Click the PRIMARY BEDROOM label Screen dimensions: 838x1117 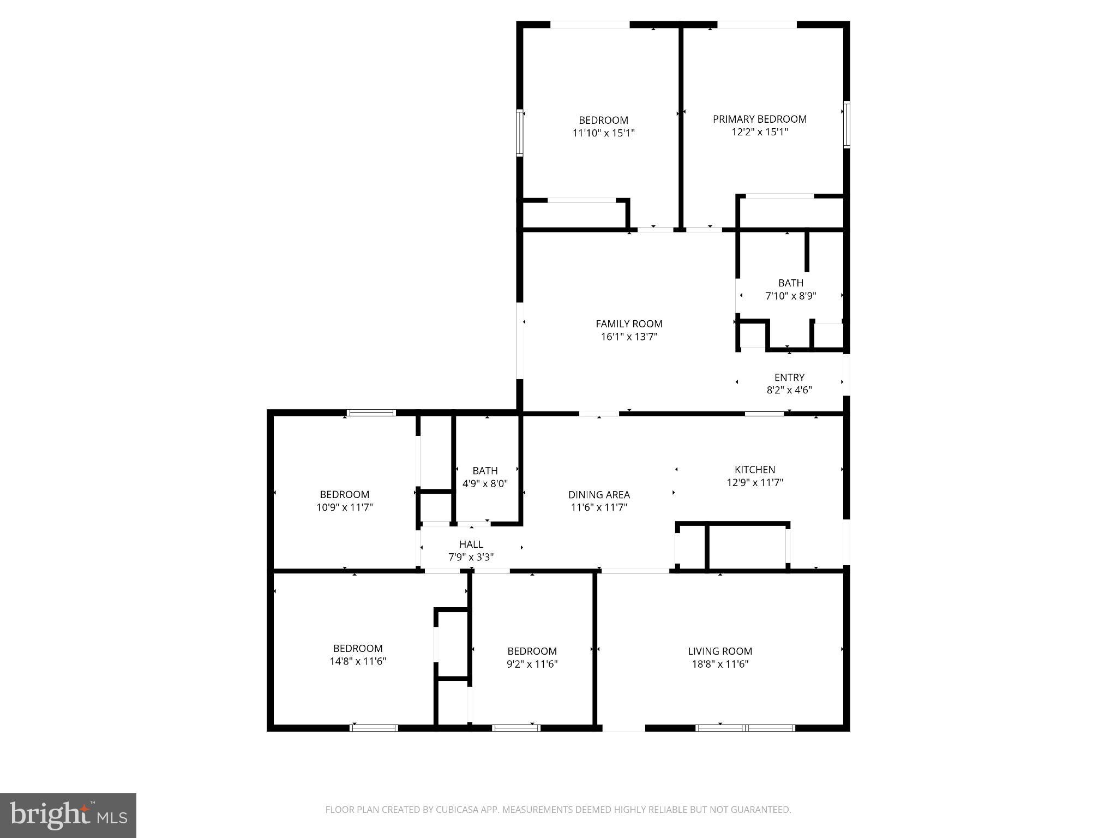(x=759, y=119)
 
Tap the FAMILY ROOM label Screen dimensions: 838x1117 (x=629, y=324)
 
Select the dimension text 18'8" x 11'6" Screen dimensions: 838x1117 (x=720, y=664)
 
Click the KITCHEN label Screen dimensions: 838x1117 (x=754, y=469)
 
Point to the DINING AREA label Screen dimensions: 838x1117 (x=599, y=494)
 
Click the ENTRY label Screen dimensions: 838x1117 (x=789, y=377)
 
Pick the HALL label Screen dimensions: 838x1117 (x=471, y=544)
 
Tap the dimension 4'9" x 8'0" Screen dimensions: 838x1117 (x=485, y=483)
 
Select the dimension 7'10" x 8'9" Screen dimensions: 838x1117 (x=790, y=296)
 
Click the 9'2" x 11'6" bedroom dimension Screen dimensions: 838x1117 (x=532, y=664)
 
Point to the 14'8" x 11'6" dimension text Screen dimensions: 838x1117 (x=358, y=661)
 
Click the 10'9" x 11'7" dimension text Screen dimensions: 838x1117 (x=345, y=507)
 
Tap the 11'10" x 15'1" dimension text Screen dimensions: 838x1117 (x=603, y=133)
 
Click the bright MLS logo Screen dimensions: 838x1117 (x=68, y=816)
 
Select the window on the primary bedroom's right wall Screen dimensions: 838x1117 (x=846, y=124)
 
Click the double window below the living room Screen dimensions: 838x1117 (x=745, y=728)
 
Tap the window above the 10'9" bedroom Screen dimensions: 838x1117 (x=372, y=412)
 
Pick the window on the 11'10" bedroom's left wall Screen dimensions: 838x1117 (x=520, y=133)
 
